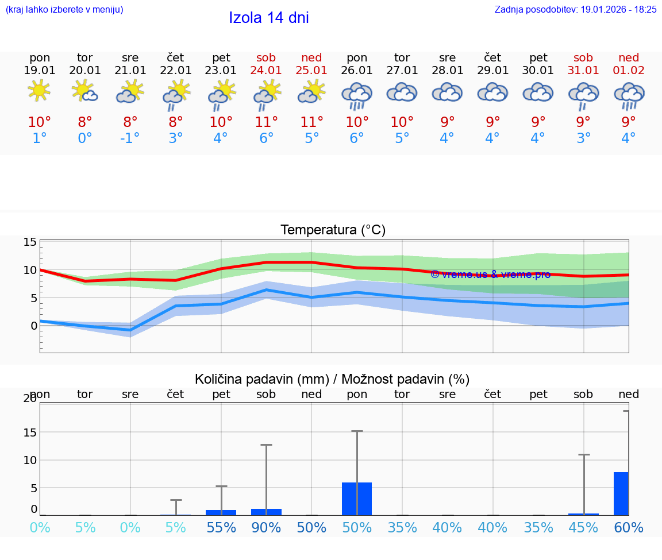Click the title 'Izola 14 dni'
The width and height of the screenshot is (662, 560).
(269, 18)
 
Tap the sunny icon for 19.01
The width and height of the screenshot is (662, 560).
(39, 91)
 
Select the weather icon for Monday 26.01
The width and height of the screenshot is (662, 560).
(357, 95)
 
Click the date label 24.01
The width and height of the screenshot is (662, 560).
(266, 70)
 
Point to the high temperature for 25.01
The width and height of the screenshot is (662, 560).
(311, 122)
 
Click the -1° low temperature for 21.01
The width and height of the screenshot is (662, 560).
(130, 138)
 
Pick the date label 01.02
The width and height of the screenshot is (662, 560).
(629, 70)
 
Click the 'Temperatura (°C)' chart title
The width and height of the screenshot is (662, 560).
(333, 230)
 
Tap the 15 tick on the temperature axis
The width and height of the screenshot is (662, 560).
(30, 242)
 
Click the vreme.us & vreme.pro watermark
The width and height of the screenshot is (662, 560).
(490, 274)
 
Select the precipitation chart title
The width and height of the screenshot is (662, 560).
(332, 379)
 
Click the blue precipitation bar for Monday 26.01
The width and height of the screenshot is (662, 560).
(357, 499)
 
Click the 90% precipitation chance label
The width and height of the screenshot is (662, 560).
(266, 527)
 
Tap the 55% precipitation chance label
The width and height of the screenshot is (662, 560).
(221, 527)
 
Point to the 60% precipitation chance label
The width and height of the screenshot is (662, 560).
(629, 527)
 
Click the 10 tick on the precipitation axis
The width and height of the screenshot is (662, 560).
(30, 460)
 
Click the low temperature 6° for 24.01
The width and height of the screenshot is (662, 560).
(266, 138)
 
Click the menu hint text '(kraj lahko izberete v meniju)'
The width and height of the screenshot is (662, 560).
(64, 9)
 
